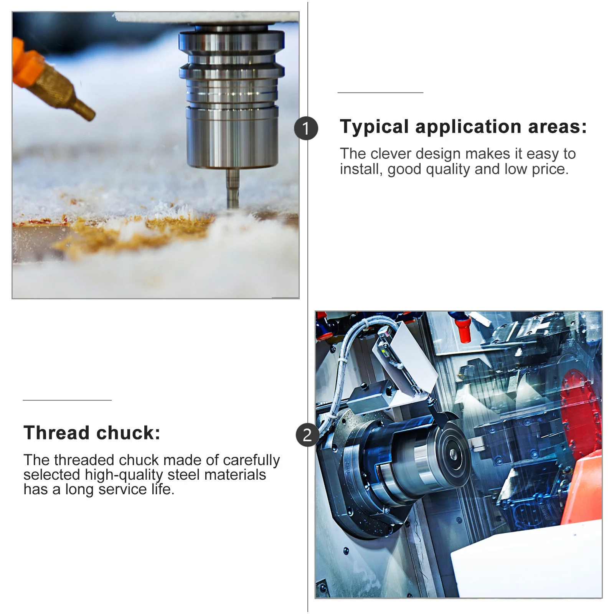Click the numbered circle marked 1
pos(306,128)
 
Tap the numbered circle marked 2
pos(307,435)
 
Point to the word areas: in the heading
pos(557,127)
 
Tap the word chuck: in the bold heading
pos(129,433)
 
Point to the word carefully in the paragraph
pos(251,460)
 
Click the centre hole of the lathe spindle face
pos(453,455)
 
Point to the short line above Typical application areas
pos(380,92)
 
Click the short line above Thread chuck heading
pos(67,400)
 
